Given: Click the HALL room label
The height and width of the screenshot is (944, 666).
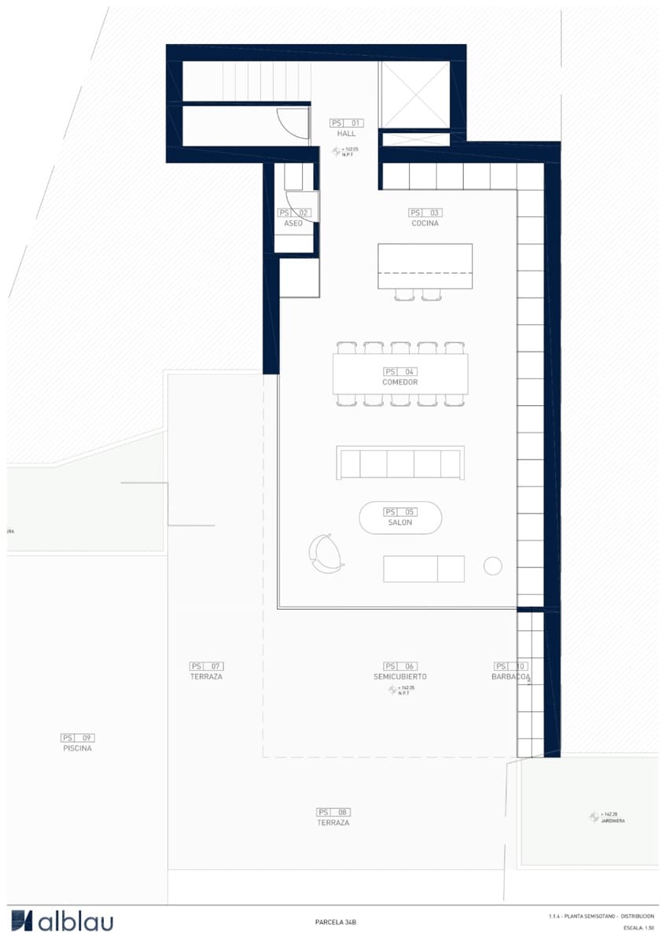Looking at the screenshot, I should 346,134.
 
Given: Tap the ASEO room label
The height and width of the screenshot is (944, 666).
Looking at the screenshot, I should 293,223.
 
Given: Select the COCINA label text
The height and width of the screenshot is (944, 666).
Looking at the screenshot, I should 425,223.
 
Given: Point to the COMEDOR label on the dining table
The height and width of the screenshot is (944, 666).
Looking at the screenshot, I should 400,382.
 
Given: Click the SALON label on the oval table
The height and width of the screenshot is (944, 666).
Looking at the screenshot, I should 400,522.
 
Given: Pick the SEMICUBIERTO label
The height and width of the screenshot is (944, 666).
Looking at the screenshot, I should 400,677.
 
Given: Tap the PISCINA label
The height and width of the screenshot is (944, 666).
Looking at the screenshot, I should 78,749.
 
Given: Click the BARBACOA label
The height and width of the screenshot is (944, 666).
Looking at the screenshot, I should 511,677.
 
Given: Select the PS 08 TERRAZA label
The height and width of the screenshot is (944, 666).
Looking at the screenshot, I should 333,823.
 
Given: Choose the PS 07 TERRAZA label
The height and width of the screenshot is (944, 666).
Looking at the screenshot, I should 207,677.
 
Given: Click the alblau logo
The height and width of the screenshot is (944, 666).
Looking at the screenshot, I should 63,921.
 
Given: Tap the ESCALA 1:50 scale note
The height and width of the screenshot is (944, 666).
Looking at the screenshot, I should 639,928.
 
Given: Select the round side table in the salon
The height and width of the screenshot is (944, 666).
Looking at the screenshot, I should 493,566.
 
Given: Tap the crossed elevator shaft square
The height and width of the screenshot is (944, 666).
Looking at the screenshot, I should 414,94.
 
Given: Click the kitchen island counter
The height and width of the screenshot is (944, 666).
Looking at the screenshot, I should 425,267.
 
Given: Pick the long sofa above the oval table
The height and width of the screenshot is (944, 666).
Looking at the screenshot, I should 400,463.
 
